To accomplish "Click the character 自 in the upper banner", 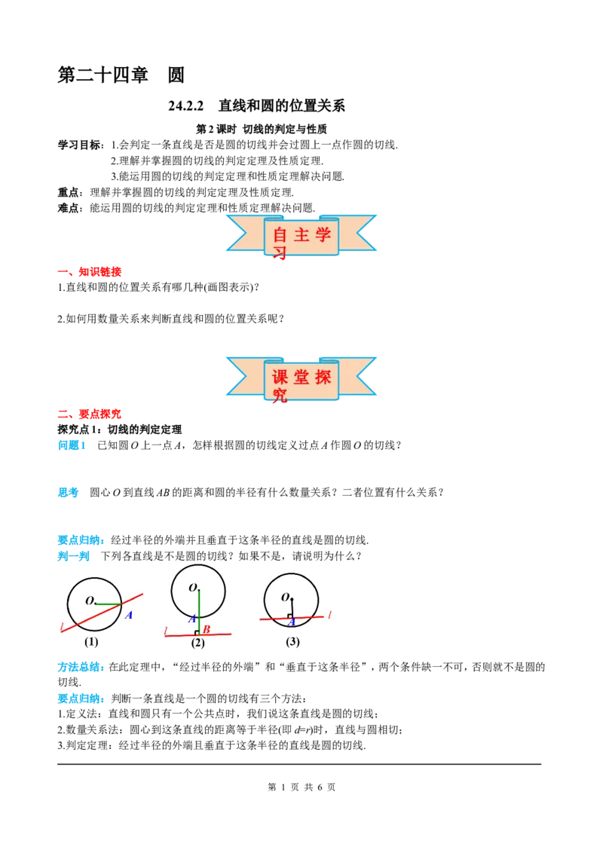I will [280, 234].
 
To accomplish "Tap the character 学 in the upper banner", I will [323, 234].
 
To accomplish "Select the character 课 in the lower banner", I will [280, 378].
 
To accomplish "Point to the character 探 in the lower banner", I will [323, 378].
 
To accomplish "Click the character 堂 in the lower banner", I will [302, 378].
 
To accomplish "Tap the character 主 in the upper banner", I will [302, 234].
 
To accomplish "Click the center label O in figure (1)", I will [89, 601].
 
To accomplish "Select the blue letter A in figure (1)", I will [128, 615].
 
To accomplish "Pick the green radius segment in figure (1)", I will [109, 604].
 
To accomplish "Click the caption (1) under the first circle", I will [91, 642].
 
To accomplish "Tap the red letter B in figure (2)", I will [206, 629].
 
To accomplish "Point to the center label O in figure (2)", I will [192, 588].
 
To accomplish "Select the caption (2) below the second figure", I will [197, 643].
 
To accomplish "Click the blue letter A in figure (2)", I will [192, 619].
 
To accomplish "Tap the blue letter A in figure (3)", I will [291, 622].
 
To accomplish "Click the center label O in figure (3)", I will [286, 597].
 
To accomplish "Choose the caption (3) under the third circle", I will [292, 642].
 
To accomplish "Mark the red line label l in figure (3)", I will [329, 615].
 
